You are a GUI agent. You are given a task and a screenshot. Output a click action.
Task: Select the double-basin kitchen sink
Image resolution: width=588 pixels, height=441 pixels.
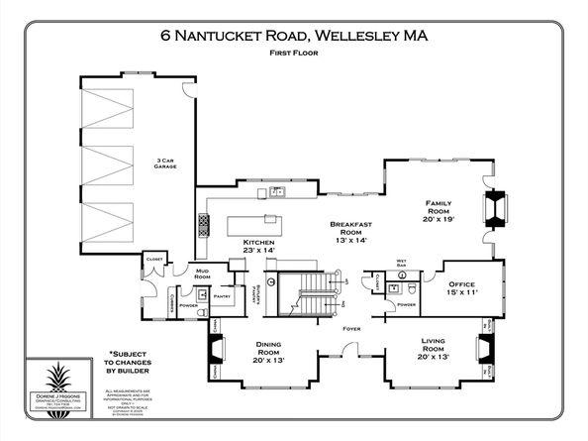click(278, 192)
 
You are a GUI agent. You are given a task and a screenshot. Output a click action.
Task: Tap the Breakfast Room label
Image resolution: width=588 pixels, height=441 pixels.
click(349, 232)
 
